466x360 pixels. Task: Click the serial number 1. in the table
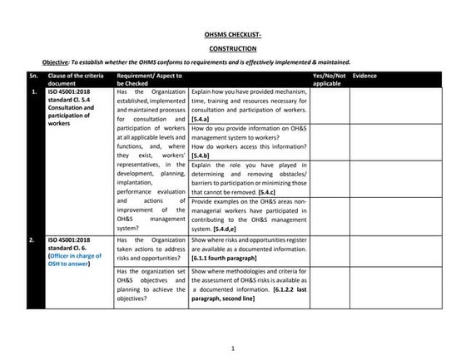(34, 91)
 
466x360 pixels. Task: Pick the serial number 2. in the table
(34, 240)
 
